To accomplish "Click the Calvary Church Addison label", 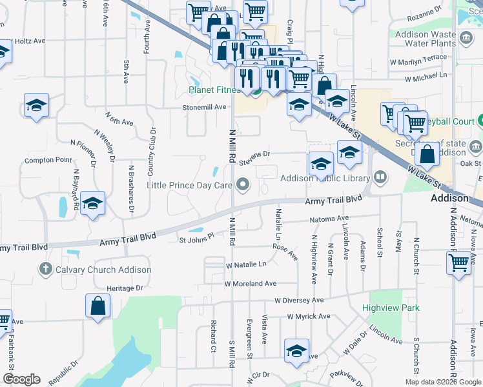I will coord(103,270).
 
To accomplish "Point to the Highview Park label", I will coord(391,308).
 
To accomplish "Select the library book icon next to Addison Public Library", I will coord(381,177).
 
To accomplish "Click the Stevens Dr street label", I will coord(254,155).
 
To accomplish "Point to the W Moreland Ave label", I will coord(251,283).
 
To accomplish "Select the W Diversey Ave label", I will coord(298,300).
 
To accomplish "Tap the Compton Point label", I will coord(48,160).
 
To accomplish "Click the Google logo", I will coord(21,379).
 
